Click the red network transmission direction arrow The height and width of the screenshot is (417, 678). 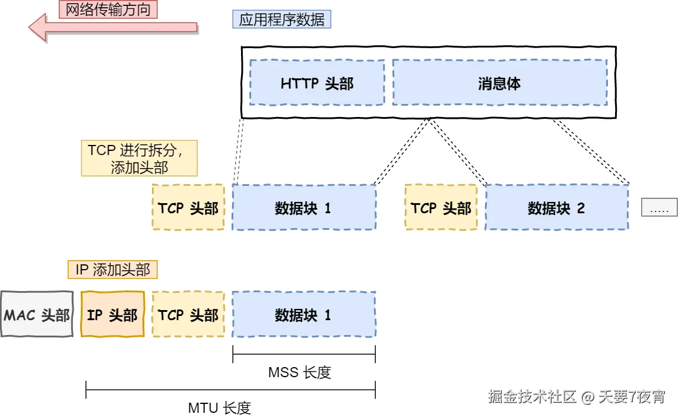pos(113,27)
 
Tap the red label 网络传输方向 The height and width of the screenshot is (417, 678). pos(108,9)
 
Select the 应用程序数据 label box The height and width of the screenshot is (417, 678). pos(281,20)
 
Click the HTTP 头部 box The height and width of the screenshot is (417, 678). pos(317,83)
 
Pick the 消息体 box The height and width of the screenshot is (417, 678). pos(499,83)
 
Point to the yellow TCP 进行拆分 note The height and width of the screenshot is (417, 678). pos(139,158)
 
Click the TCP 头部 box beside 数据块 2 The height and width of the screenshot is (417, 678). pos(441,207)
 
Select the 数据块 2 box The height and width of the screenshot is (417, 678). pos(556,207)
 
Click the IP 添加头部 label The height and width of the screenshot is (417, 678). pos(113,270)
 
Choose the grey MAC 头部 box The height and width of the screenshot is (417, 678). pos(37,314)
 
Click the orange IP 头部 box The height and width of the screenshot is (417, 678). pos(112,314)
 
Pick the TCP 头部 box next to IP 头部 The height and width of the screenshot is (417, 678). pos(188,314)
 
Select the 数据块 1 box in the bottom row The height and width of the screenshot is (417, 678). pos(303,314)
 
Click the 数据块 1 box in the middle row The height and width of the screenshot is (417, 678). pos(303,207)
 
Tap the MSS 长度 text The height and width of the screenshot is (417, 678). pos(299,372)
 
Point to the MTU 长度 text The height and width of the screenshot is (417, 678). pos(220,408)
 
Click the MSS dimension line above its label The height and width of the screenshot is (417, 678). pos(304,355)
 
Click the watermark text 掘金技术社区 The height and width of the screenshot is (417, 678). pos(533,397)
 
